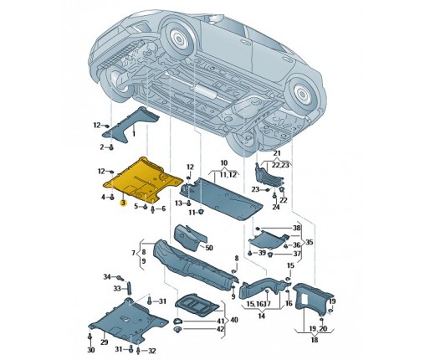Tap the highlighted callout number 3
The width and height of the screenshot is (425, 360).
pyautogui.click(x=123, y=203)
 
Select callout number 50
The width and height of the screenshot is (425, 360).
pyautogui.click(x=209, y=248)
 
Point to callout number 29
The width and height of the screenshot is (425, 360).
pyautogui.click(x=104, y=342)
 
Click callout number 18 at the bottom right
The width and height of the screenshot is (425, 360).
pyautogui.click(x=315, y=340)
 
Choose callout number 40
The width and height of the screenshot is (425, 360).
pyautogui.click(x=234, y=320)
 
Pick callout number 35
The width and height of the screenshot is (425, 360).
pyautogui.click(x=310, y=242)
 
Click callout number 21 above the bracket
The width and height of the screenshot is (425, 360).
pyautogui.click(x=277, y=153)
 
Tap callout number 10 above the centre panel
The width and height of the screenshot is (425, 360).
pyautogui.click(x=224, y=162)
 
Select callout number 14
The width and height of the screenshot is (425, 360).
pyautogui.click(x=261, y=316)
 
